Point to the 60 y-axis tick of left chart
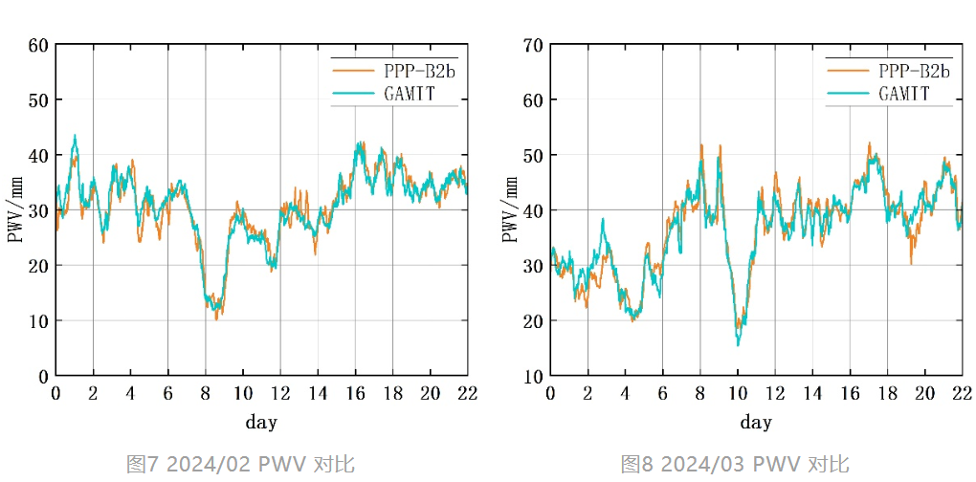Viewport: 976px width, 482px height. [x=38, y=45]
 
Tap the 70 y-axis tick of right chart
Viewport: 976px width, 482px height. [x=533, y=45]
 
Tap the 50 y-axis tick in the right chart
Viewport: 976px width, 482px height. [x=533, y=155]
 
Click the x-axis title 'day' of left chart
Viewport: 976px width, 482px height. [x=261, y=422]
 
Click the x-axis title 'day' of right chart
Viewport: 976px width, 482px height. [x=756, y=422]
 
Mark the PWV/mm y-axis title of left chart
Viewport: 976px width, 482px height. [x=16, y=209]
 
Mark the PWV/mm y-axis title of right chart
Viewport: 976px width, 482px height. [x=511, y=209]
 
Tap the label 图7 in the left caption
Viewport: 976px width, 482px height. [x=142, y=465]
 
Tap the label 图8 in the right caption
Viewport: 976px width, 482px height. [x=636, y=465]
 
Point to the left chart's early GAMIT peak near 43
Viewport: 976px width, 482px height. [x=75, y=137]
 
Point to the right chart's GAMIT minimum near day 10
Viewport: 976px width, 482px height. [x=738, y=343]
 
